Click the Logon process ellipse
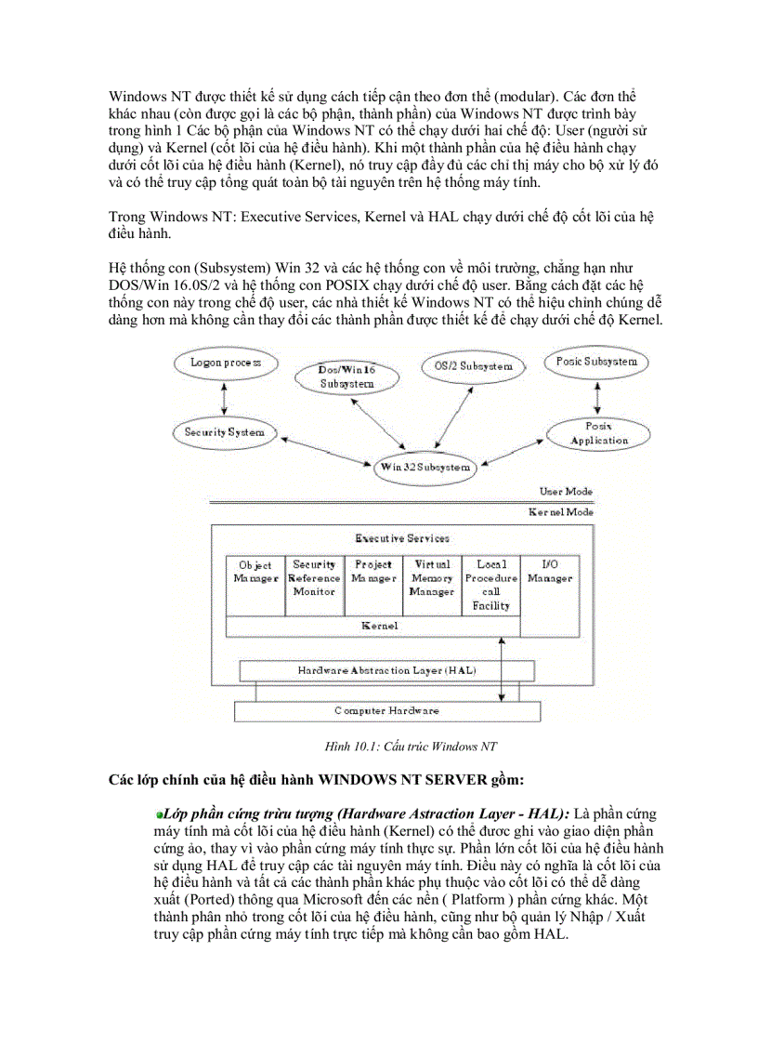(225, 363)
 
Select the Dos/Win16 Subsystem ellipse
(346, 377)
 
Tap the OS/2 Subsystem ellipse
(473, 365)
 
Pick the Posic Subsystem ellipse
(596, 362)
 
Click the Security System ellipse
(224, 431)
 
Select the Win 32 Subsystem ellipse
(423, 468)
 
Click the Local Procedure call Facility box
(490, 586)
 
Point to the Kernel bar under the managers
(379, 626)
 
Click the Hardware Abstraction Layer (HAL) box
(387, 670)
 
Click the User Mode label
(566, 491)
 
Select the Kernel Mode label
(560, 511)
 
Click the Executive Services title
(402, 537)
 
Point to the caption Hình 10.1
(403, 746)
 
